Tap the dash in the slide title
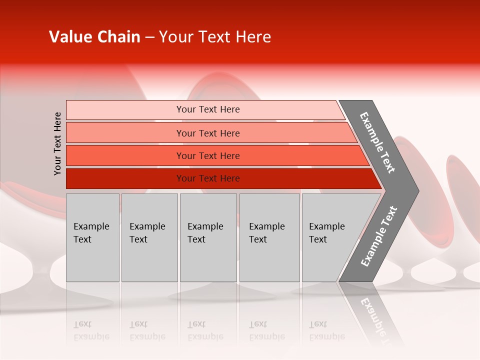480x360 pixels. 149,37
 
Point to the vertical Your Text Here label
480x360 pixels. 57,143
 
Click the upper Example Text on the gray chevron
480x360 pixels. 377,142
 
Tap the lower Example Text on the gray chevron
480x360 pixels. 379,236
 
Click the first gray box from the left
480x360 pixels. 92,237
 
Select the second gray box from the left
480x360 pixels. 149,237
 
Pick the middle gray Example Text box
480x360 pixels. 208,237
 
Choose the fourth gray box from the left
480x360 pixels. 269,237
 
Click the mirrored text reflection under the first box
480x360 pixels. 91,330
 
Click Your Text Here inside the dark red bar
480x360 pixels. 208,178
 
